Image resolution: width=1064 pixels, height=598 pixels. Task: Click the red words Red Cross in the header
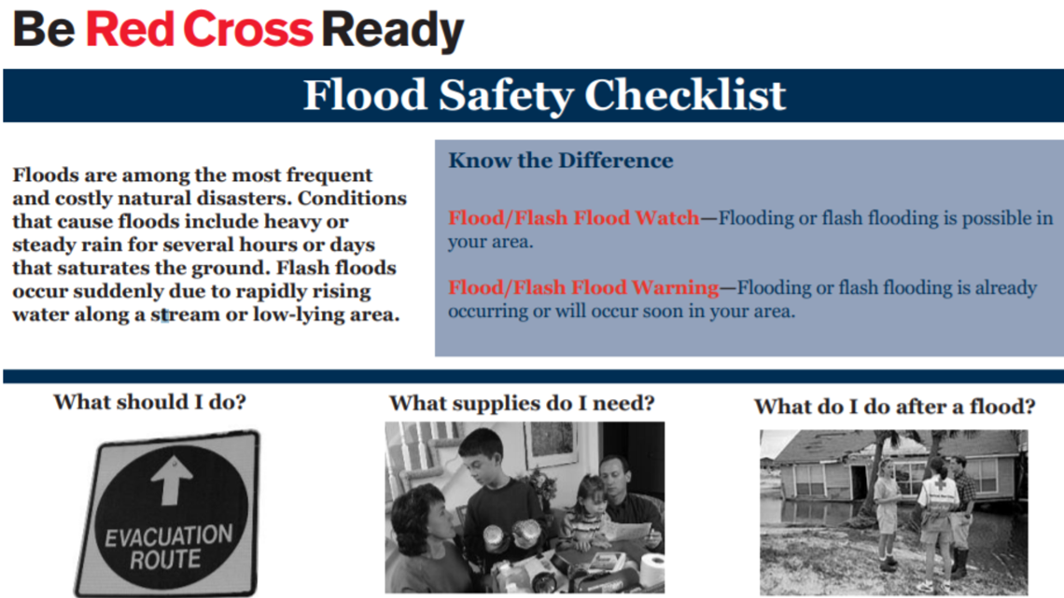199,32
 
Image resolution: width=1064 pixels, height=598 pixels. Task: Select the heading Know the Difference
560,160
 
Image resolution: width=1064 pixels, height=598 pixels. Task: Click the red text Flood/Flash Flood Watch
573,217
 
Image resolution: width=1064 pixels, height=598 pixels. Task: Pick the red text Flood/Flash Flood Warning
583,286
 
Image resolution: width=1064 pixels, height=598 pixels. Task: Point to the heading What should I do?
150,402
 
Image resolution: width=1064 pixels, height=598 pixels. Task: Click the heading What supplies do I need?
522,403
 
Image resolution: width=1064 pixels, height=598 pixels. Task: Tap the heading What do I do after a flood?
894,407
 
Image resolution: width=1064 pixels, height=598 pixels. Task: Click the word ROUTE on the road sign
165,560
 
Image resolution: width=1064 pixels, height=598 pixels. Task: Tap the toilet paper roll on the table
654,567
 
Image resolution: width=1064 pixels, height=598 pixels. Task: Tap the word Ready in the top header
393,32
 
